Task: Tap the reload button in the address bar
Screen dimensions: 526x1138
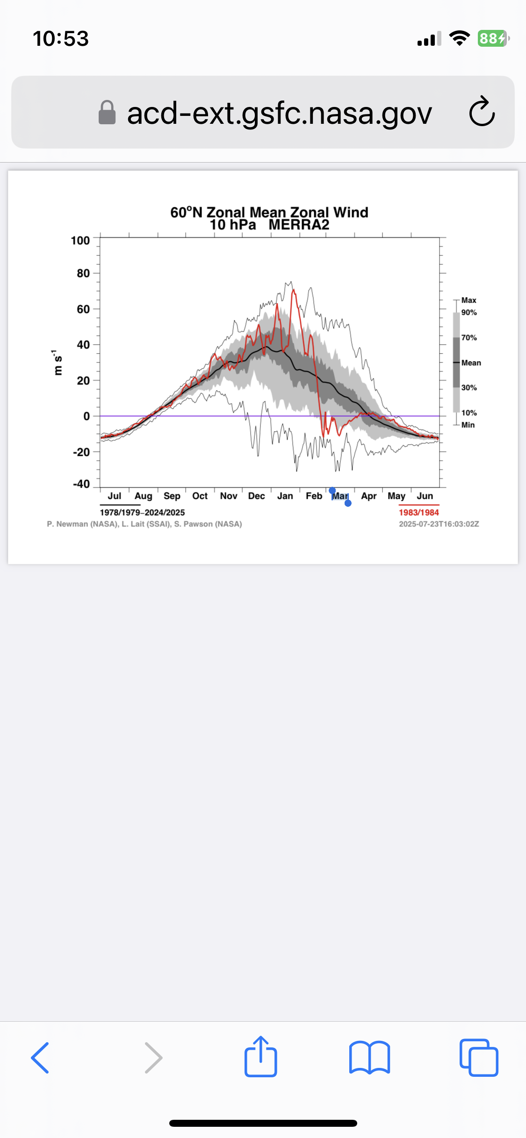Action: click(482, 112)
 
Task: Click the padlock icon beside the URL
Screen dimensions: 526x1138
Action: click(107, 113)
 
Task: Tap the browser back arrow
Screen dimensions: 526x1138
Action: click(40, 1058)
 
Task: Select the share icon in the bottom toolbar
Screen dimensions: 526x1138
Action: click(261, 1056)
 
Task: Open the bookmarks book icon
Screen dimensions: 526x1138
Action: click(369, 1058)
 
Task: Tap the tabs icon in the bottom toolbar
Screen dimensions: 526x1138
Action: click(479, 1058)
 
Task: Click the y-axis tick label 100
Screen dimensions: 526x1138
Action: click(80, 241)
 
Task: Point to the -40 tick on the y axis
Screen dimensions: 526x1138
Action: click(81, 484)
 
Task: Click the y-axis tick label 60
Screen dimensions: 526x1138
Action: click(83, 309)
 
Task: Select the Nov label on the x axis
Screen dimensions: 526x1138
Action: click(229, 496)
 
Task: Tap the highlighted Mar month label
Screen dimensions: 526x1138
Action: click(340, 496)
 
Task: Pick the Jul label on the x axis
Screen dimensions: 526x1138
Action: click(115, 496)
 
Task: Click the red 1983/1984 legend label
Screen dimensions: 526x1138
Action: click(419, 512)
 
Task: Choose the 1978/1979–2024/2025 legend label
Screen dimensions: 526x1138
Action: click(142, 512)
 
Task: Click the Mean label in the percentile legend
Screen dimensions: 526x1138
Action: click(471, 363)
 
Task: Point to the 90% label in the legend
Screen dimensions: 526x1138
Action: click(469, 313)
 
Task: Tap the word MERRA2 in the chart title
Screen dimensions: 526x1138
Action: click(299, 225)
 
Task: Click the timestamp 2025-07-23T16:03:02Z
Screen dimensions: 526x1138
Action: click(439, 524)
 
